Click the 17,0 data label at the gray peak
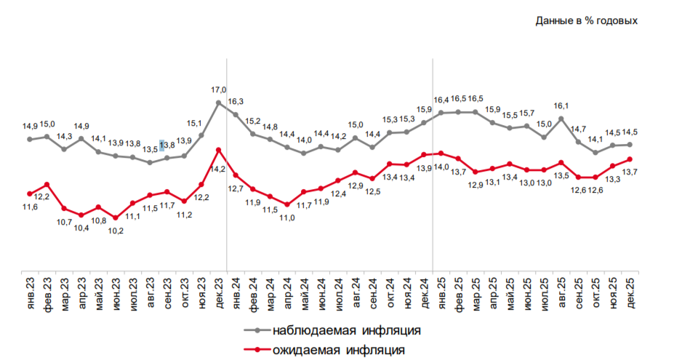(x=218, y=89)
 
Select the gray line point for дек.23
(x=218, y=103)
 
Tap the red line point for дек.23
(x=218, y=150)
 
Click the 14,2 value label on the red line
(x=217, y=169)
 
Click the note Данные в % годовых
(x=587, y=20)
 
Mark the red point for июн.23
(x=116, y=217)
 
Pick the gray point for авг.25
(x=561, y=118)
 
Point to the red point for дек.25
(x=630, y=159)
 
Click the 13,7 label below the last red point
(x=630, y=172)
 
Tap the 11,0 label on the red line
(x=286, y=217)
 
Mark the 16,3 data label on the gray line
(x=236, y=102)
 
